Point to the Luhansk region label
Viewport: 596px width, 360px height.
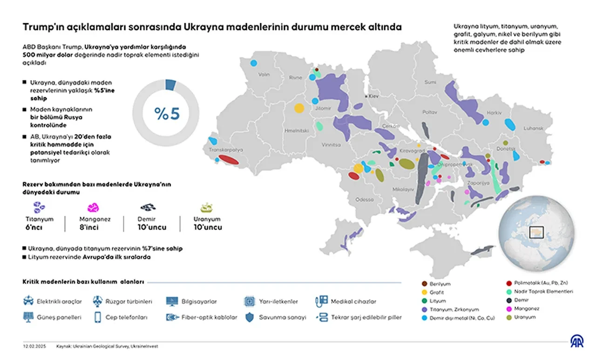coord(533,128)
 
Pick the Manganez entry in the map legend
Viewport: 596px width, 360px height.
coord(527,308)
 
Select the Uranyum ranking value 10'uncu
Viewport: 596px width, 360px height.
coord(207,227)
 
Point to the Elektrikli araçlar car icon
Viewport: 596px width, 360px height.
coord(28,301)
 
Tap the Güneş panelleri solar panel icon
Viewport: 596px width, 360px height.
coord(28,317)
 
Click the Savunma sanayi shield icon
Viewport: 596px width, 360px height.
coord(250,317)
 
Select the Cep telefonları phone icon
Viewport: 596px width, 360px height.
coord(98,317)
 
